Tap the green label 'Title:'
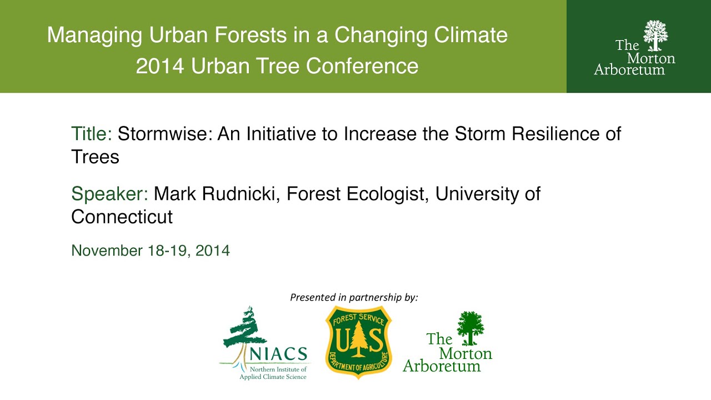(92, 134)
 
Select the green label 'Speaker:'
(109, 194)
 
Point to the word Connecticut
(122, 217)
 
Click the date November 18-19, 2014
(150, 251)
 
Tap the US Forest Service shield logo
(358, 342)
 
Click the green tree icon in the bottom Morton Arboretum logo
(470, 328)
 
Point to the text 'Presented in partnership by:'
(354, 298)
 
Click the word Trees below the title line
(95, 157)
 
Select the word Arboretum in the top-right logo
(629, 70)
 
